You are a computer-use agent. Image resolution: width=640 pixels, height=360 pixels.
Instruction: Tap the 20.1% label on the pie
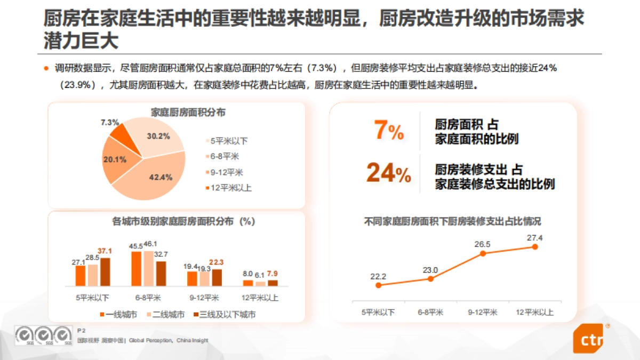[x=115, y=159]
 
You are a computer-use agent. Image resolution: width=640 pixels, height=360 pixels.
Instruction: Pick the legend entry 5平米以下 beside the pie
[x=226, y=141]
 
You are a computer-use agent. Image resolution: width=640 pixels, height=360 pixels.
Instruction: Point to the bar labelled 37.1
[x=105, y=273]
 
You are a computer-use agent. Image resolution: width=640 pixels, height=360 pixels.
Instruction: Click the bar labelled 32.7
[x=161, y=274]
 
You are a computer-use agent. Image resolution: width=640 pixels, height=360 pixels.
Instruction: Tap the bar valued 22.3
[x=217, y=278]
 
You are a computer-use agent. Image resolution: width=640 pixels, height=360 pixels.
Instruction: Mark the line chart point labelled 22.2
[x=378, y=285]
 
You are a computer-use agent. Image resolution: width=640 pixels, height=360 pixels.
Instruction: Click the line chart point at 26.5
[x=483, y=253]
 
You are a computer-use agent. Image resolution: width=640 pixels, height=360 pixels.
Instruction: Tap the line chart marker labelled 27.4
[x=535, y=247]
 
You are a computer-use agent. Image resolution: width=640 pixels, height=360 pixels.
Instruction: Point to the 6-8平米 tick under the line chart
[x=430, y=313]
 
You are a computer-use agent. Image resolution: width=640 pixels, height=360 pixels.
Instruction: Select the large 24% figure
[x=388, y=172]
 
